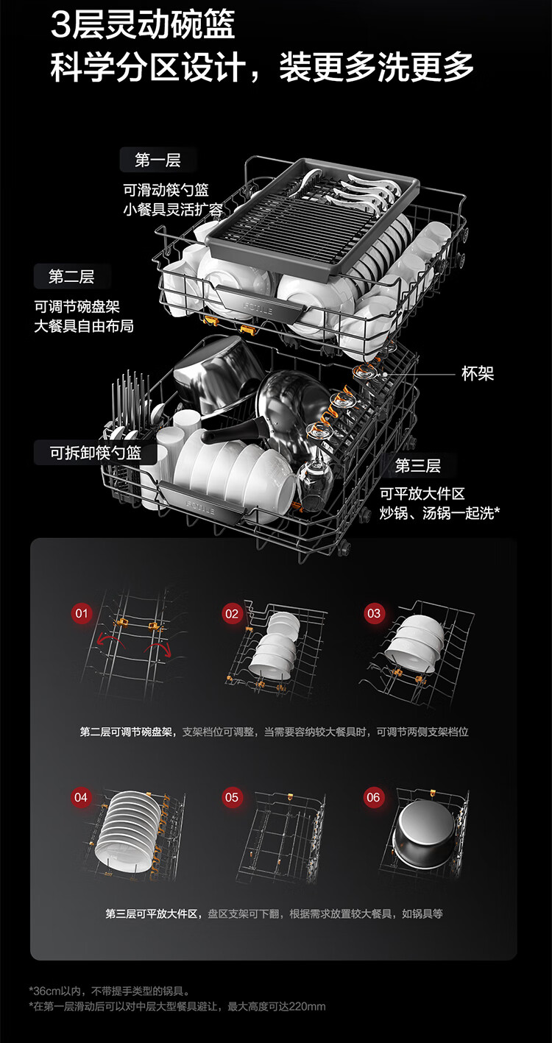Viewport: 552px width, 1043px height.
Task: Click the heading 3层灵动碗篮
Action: pyautogui.click(x=143, y=26)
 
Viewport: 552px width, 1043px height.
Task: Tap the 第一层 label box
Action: pyautogui.click(x=158, y=160)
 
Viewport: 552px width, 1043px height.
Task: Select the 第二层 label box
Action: pyautogui.click(x=71, y=277)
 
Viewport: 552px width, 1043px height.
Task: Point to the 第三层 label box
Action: pyautogui.click(x=417, y=465)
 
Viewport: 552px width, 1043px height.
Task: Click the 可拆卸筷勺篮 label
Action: pyautogui.click(x=95, y=453)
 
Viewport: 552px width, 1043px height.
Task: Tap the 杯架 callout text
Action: pyautogui.click(x=478, y=374)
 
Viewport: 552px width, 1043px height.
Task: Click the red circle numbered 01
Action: pyautogui.click(x=81, y=613)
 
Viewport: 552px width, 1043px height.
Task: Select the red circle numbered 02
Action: pyautogui.click(x=233, y=613)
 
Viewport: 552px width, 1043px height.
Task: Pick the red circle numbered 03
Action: pyautogui.click(x=375, y=613)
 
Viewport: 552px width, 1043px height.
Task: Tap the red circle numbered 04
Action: pyautogui.click(x=81, y=797)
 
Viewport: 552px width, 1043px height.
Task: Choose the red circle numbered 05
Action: pyautogui.click(x=233, y=797)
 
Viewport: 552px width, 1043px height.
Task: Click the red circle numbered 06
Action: pyautogui.click(x=374, y=797)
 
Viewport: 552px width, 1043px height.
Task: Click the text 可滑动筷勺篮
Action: pyautogui.click(x=166, y=191)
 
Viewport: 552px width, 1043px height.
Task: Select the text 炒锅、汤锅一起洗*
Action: pyautogui.click(x=439, y=513)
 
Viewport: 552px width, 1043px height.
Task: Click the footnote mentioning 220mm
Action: pyautogui.click(x=177, y=1006)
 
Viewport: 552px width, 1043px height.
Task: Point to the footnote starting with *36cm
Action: pyautogui.click(x=110, y=991)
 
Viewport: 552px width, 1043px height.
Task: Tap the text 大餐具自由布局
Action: pyautogui.click(x=84, y=325)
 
